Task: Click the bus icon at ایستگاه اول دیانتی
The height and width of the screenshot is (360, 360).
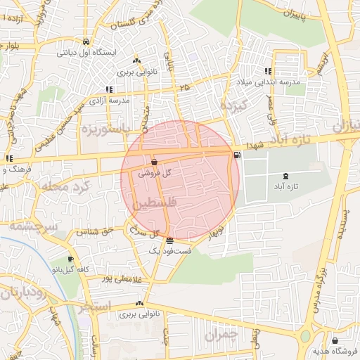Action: tap(86, 41)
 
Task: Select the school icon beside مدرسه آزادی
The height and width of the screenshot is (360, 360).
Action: tap(109, 89)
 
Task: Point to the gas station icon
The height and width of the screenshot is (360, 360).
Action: tap(236, 155)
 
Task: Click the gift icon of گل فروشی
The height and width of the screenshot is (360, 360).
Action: tap(154, 162)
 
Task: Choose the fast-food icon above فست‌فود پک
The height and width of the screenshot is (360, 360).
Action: tap(169, 241)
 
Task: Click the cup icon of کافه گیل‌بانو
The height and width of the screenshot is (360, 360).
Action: tap(70, 259)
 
